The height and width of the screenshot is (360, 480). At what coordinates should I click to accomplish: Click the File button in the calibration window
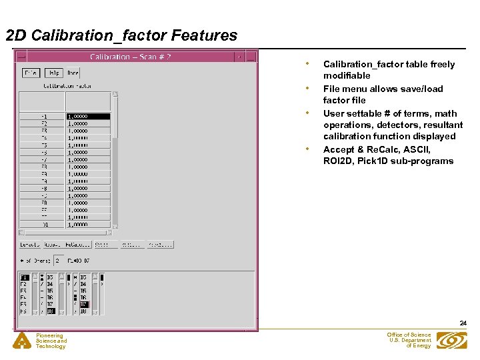31,73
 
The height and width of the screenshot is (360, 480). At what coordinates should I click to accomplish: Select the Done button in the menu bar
73,73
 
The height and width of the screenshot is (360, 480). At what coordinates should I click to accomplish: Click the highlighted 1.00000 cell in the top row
87,116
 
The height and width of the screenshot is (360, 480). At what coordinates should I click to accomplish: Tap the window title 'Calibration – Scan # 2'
130,57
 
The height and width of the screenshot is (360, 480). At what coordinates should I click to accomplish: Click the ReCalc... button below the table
78,245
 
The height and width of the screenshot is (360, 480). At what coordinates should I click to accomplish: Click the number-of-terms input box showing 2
58,260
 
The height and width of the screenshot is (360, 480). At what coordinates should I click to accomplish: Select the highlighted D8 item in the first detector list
51,311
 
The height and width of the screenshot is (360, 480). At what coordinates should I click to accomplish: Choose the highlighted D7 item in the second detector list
84,305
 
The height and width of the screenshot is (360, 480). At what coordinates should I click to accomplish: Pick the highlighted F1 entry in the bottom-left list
25,277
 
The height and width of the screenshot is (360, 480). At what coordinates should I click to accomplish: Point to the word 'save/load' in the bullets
421,89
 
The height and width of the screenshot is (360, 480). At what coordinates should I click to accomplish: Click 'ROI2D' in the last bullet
339,161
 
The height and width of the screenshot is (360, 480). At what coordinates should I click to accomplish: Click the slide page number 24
463,323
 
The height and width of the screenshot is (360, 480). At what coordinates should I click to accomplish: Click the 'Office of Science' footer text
409,335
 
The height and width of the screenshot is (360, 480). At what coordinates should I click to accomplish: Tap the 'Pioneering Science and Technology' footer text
51,341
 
